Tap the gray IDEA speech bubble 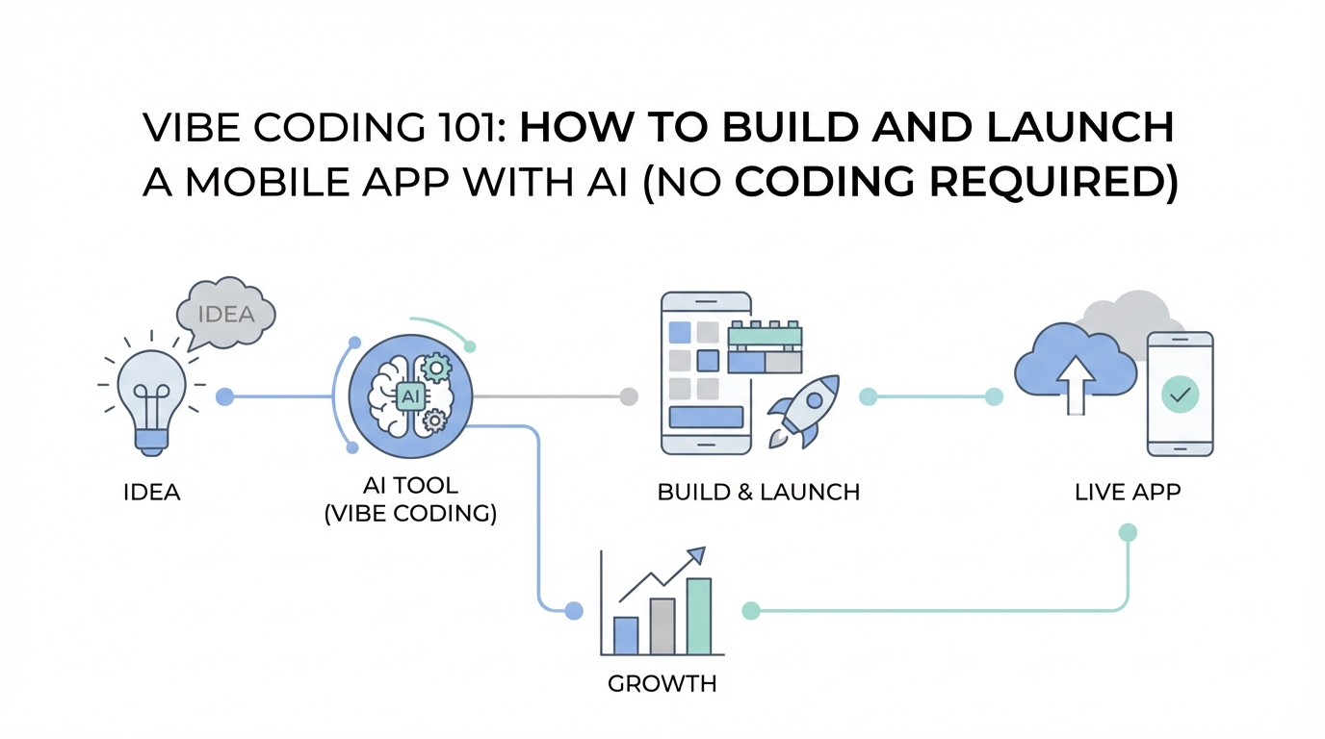pos(226,314)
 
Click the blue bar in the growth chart pos(626,635)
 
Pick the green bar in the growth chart pos(699,616)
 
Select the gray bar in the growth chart pos(662,625)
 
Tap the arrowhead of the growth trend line pos(696,554)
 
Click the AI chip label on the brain pos(410,395)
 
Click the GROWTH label pos(662,685)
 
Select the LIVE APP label pos(1128,493)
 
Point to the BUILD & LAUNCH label pos(758,493)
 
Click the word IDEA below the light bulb pos(152,493)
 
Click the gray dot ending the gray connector pos(629,395)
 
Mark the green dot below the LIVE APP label pos(1129,532)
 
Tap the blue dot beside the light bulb pos(224,395)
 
